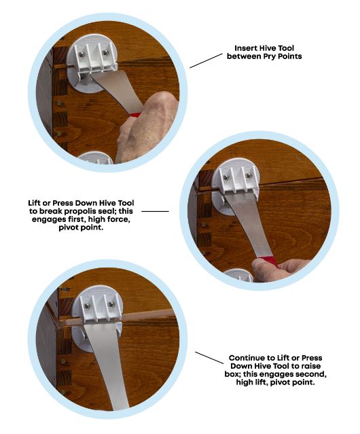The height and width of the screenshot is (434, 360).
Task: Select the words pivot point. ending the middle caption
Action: tap(81, 228)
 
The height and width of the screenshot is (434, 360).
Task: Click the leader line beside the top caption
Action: tap(206, 61)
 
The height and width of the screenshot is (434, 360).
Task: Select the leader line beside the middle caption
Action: tap(155, 211)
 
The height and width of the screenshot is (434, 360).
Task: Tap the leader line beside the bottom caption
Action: tap(209, 358)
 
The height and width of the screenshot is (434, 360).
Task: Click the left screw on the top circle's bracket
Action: tap(82, 54)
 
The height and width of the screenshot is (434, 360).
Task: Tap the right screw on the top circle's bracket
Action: tap(105, 52)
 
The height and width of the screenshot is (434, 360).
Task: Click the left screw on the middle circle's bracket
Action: tap(226, 177)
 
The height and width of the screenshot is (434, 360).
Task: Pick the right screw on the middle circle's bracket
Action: tap(249, 175)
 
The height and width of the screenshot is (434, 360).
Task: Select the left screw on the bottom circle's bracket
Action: tap(87, 306)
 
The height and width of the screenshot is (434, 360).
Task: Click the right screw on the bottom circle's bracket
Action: tap(111, 304)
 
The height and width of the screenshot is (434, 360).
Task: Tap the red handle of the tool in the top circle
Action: tap(135, 115)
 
